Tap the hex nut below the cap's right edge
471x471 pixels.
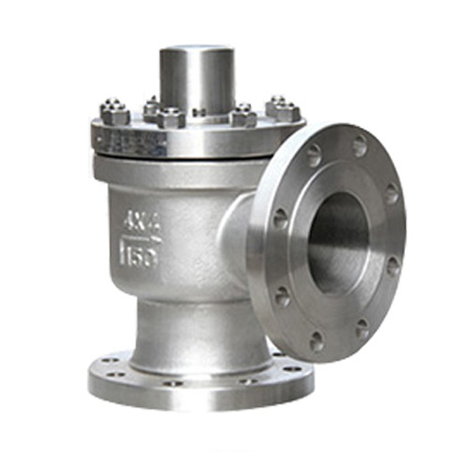point(243,114)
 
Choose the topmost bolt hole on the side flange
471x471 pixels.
point(359,147)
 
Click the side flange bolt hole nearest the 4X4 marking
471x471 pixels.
point(281,219)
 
